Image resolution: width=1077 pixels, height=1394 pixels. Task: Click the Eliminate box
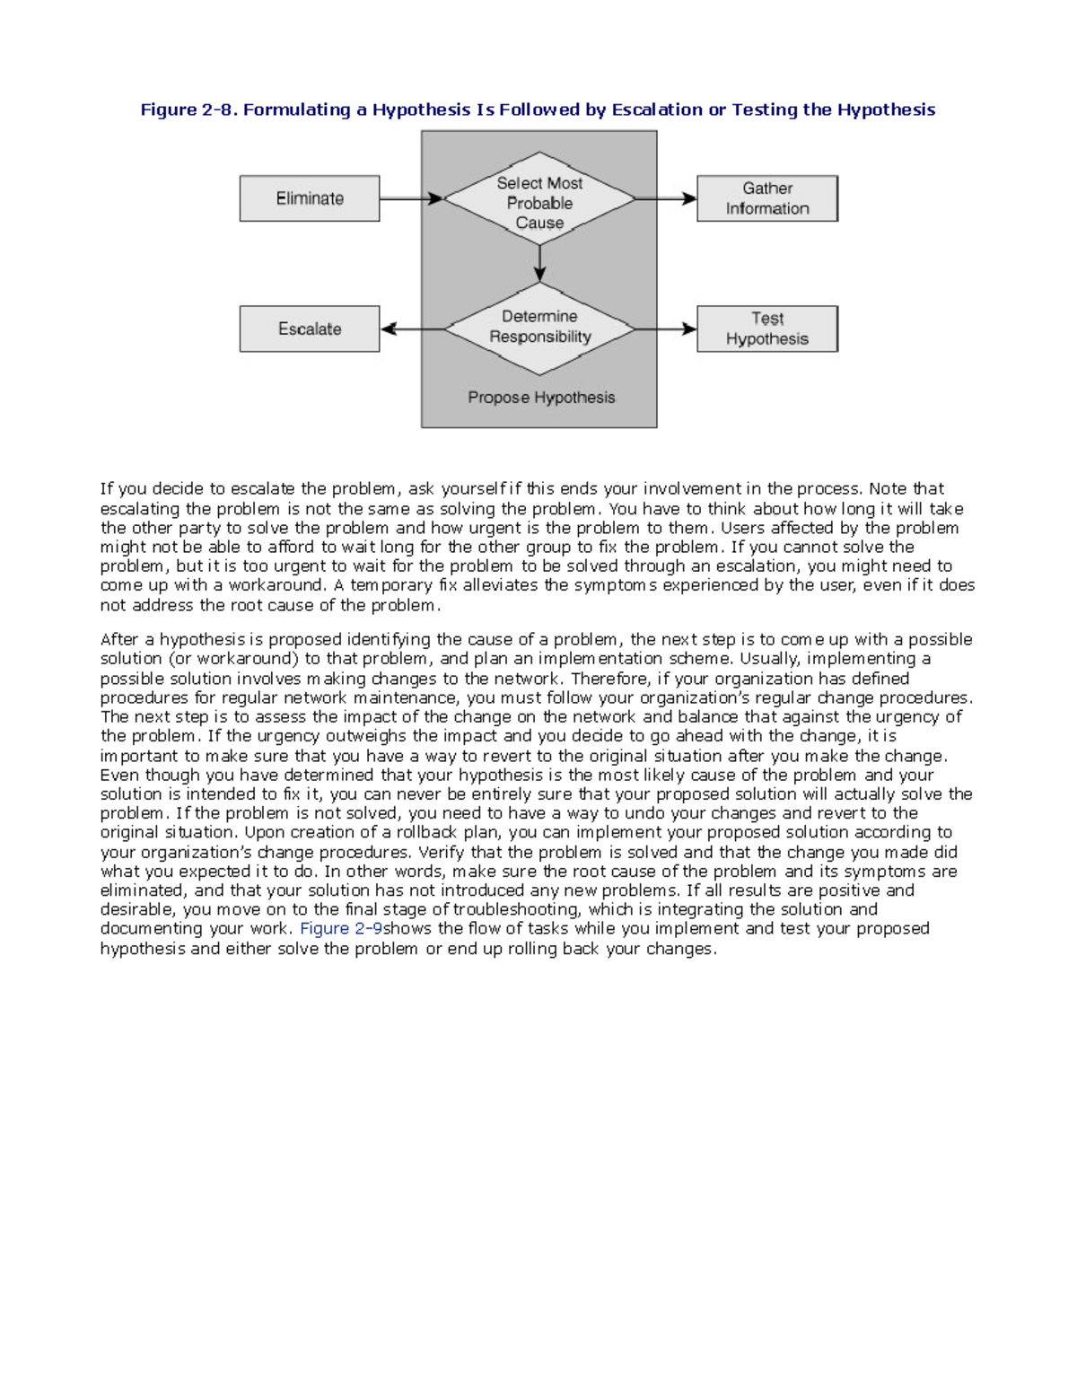pos(310,198)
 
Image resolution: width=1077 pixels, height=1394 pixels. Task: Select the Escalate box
pos(310,329)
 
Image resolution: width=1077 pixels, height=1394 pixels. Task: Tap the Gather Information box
pos(767,198)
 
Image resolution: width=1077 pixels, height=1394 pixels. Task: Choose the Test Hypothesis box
pos(767,329)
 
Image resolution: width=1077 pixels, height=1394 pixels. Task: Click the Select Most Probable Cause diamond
pos(539,202)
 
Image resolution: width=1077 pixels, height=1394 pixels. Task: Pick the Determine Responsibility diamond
pos(539,328)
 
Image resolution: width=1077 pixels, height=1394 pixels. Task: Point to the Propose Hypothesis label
pos(541,398)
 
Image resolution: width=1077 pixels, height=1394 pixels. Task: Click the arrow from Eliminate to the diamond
pos(411,198)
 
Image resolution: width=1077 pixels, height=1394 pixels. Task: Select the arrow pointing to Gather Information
pos(665,198)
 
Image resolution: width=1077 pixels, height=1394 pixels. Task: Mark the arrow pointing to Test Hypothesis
pos(665,329)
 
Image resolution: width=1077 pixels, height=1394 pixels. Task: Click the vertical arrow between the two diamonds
pos(539,263)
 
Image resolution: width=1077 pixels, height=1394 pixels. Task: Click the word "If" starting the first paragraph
pos(107,489)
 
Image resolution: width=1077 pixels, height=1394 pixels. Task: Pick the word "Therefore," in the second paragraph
pos(610,679)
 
